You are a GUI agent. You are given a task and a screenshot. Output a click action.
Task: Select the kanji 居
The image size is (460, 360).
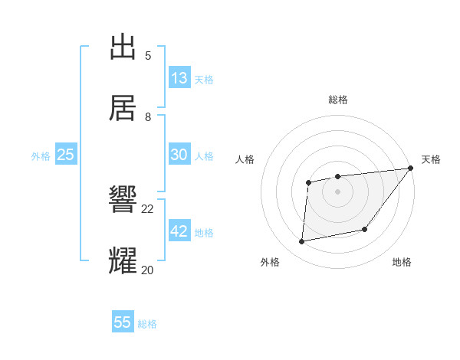[123, 108]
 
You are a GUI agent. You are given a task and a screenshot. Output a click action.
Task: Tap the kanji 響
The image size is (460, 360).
[123, 200]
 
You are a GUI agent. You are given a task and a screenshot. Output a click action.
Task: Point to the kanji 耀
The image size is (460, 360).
[123, 260]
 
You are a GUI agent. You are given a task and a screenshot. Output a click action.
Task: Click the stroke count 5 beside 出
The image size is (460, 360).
[148, 56]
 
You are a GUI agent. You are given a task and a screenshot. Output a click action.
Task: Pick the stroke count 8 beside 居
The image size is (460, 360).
[148, 116]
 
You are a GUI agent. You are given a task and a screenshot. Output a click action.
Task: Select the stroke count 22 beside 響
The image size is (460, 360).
[148, 208]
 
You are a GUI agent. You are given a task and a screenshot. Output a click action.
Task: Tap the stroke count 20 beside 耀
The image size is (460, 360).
[148, 269]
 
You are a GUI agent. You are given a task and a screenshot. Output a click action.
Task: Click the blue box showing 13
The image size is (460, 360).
[179, 78]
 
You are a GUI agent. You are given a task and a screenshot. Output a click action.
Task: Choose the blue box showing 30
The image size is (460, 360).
[179, 155]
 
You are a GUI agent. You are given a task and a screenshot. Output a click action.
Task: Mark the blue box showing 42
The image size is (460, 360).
[179, 231]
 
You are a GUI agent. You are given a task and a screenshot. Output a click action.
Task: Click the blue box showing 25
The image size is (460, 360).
[66, 155]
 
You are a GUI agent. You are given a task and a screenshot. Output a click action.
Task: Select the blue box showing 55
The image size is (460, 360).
[123, 322]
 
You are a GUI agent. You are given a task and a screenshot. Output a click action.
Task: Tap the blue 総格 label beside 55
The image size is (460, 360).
[147, 324]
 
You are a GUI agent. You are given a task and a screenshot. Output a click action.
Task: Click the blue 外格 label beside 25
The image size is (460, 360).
[41, 156]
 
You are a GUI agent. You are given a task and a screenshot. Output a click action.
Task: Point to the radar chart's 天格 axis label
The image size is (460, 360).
[431, 159]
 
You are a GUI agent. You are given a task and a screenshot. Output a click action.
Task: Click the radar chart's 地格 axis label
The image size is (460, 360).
[402, 263]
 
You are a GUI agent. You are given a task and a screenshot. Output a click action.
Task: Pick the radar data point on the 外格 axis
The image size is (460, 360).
[302, 242]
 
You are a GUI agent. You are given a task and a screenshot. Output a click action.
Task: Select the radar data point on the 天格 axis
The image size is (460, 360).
[410, 168]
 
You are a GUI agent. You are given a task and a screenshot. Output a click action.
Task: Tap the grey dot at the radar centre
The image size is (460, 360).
[337, 191]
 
